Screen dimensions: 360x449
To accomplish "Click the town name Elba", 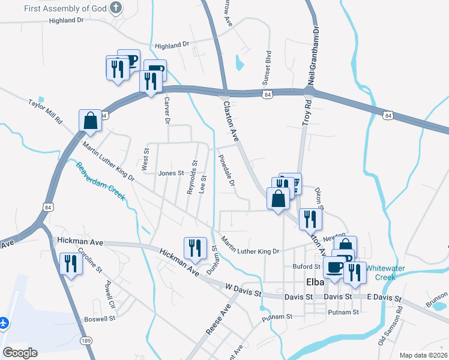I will [315, 282].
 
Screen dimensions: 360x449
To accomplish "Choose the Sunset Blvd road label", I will [268, 67].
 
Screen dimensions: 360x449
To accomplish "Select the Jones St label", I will [170, 173].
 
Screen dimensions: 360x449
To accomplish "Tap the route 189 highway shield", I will [86, 341].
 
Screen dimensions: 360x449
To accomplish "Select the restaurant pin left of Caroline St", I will [71, 264].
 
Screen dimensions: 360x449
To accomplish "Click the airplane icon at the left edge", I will [4, 323].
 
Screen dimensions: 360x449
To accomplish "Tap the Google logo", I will [20, 353].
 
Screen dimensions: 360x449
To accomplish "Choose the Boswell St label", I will [100, 319].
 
